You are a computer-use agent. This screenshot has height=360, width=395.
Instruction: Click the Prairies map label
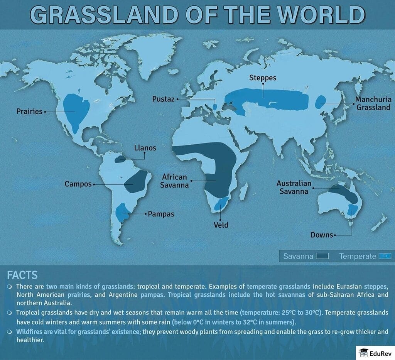(x=29, y=112)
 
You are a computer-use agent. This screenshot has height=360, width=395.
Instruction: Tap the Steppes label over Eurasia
(x=263, y=78)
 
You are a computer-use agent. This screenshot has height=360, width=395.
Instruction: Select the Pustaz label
(x=164, y=99)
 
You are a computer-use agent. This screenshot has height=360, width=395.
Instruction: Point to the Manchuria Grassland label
(x=373, y=103)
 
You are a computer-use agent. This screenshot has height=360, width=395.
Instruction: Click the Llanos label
(x=145, y=148)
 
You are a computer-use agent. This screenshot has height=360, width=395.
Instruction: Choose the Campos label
(x=78, y=184)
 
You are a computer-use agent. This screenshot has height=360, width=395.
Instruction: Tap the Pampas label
(x=161, y=214)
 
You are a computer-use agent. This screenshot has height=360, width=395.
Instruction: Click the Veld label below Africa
(x=221, y=225)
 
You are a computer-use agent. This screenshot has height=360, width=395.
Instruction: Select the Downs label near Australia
(x=322, y=235)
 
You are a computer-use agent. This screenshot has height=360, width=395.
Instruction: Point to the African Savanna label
(x=175, y=181)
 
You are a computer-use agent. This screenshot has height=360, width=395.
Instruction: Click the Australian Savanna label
(x=294, y=187)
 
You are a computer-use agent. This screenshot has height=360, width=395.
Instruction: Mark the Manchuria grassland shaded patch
(x=320, y=103)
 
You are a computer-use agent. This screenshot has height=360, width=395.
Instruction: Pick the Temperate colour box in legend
(x=385, y=256)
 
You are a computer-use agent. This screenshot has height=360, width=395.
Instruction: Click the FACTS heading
(x=22, y=275)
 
